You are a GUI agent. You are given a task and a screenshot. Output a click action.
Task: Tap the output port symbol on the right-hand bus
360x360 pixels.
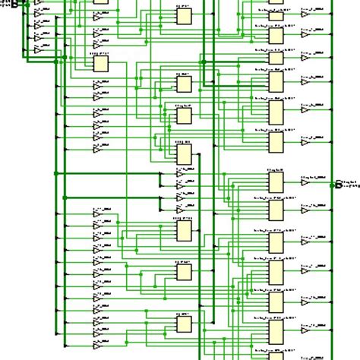(339, 183)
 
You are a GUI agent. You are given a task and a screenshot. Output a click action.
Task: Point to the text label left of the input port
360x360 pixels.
(5, 4)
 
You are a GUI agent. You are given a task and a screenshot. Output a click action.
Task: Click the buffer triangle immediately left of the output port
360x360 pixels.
(305, 182)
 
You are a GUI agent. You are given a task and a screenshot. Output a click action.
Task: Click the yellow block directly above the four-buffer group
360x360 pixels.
(184, 154)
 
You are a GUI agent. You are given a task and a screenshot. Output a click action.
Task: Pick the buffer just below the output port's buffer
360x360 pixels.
(305, 208)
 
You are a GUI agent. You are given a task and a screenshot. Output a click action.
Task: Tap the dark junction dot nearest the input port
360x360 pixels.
(26, 5)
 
